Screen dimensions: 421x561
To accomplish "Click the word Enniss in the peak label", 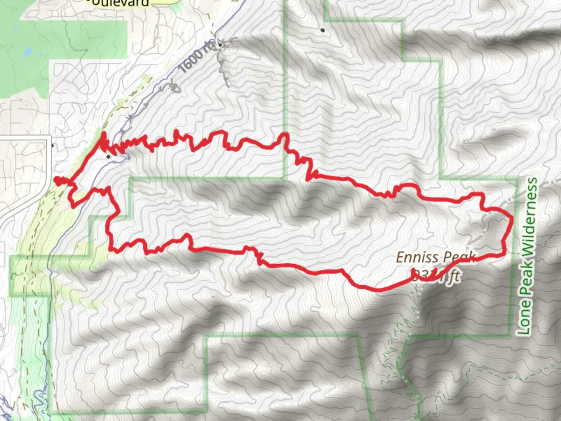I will coord(415,258).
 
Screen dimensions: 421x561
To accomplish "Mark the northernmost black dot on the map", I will coord(323,30).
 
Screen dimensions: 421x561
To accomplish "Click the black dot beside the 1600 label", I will coord(220,45).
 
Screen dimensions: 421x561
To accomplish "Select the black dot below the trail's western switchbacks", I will coord(108,156).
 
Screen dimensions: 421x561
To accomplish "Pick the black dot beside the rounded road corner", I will coord(53,145).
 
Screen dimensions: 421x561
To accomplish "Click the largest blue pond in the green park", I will coord(28,51).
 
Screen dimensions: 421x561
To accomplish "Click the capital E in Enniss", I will coord(400,258).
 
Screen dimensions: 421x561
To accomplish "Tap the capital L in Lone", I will coord(524,329).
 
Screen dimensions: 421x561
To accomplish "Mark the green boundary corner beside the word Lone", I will coord(509,334).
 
